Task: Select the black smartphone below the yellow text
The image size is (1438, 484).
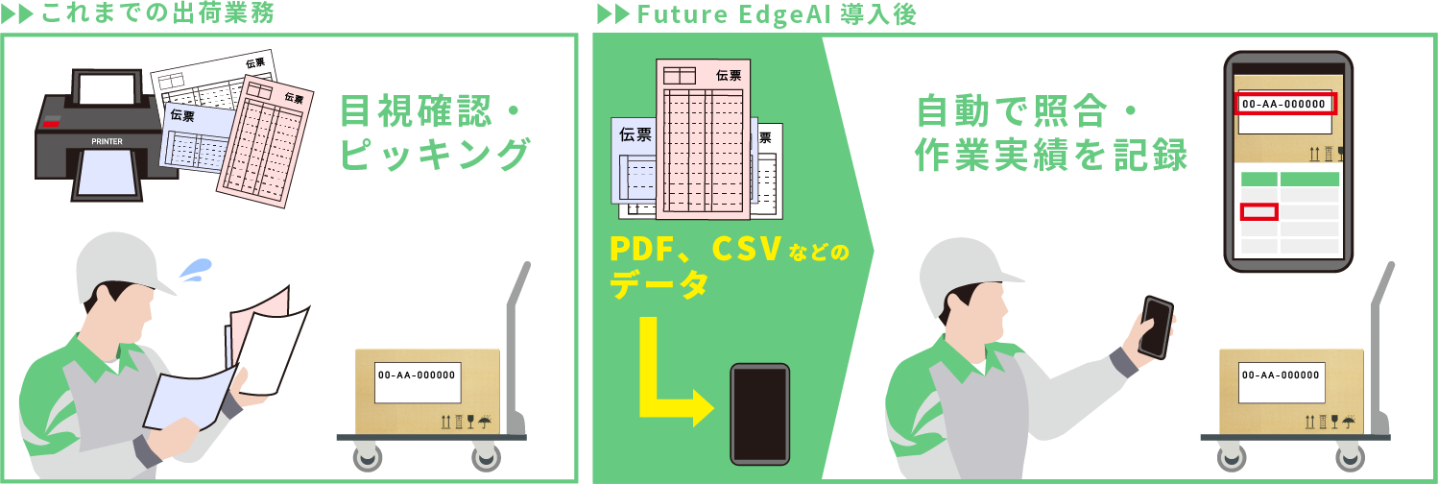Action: [x=759, y=413]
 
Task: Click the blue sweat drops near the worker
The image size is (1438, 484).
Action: [x=197, y=268]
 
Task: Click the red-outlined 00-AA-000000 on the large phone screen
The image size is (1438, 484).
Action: [x=1283, y=104]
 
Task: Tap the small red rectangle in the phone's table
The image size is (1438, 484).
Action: [x=1258, y=211]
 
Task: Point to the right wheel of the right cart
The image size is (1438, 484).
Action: [x=1354, y=458]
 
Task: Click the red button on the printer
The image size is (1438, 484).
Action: [x=52, y=124]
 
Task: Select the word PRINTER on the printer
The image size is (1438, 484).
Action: [x=107, y=140]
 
